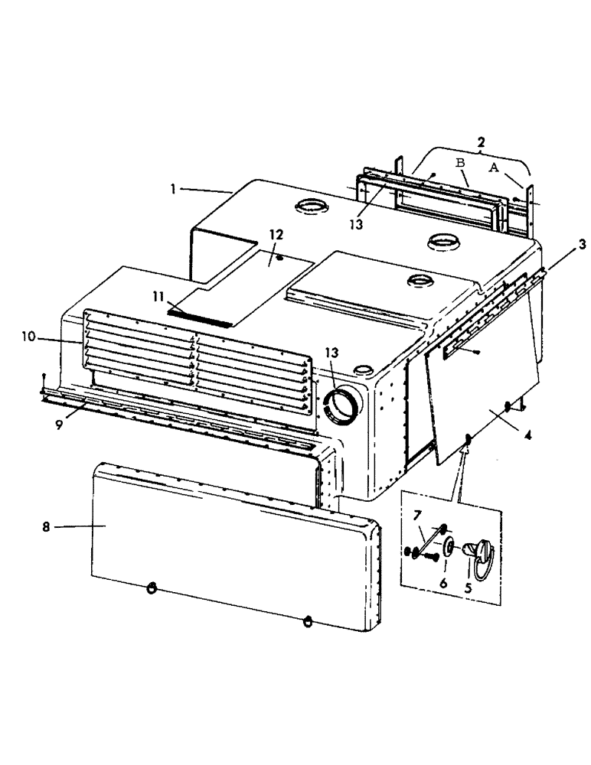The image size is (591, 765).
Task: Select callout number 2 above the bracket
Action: click(480, 142)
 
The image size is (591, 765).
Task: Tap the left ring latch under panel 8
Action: click(151, 588)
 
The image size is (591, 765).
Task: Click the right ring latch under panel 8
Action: click(308, 620)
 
